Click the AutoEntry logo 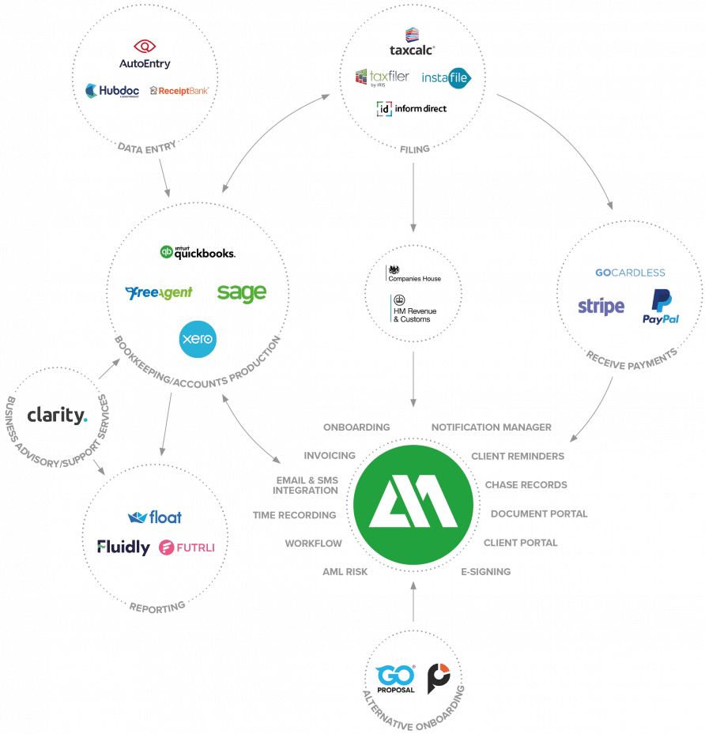(145, 55)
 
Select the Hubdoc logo (112, 90)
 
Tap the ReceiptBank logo (179, 90)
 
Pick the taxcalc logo (412, 42)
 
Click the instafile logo (446, 77)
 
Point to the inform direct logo (412, 108)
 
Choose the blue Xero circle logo (198, 339)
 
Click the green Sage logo (242, 293)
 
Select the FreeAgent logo (159, 292)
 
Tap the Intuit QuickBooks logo (198, 252)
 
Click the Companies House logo (413, 274)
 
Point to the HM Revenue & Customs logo (413, 308)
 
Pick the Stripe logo (601, 307)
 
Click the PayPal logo (661, 307)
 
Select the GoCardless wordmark (630, 273)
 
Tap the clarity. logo (57, 416)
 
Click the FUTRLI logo (187, 548)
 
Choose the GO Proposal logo (395, 679)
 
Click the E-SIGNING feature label (486, 571)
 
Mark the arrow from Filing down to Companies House (413, 197)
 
